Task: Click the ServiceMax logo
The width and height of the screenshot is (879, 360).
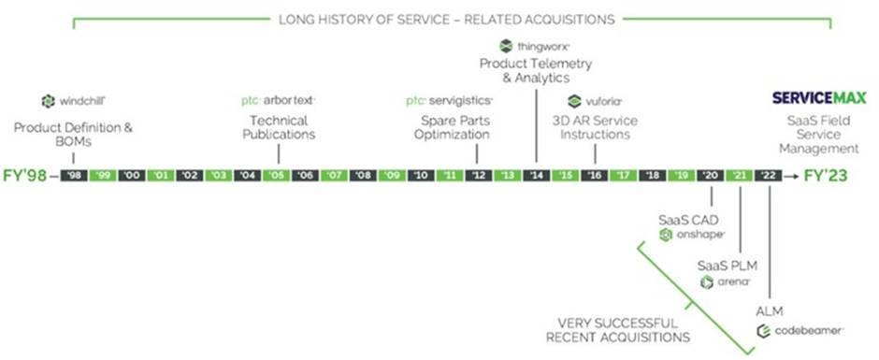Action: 818,98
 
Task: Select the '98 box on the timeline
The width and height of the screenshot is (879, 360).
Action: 74,175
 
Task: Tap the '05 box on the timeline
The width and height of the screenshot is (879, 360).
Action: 276,175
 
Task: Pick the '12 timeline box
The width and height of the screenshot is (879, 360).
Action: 479,175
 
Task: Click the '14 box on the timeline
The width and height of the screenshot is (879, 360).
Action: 537,175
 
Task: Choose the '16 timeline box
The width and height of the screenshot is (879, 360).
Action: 594,175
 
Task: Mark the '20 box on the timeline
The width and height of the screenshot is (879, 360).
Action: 710,175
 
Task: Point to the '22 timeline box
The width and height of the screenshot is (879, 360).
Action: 768,175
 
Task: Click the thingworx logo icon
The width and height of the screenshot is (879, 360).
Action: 506,45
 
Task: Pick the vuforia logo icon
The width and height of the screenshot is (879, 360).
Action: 574,101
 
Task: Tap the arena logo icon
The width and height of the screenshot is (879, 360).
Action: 707,281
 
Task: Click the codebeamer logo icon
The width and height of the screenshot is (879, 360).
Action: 763,331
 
